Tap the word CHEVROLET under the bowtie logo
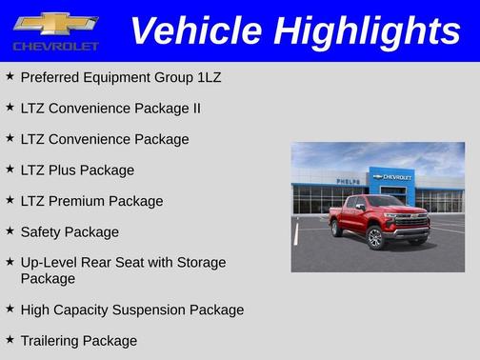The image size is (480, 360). click(x=55, y=46)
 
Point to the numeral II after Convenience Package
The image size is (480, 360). click(x=195, y=109)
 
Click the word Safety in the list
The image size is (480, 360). click(x=42, y=232)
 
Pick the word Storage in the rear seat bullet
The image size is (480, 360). click(x=200, y=263)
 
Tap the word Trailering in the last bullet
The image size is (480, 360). click(x=52, y=341)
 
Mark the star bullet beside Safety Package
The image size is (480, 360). click(x=10, y=231)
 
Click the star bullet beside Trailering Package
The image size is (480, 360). click(x=10, y=340)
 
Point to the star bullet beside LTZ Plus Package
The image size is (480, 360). click(x=10, y=170)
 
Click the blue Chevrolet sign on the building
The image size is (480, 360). click(x=392, y=177)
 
